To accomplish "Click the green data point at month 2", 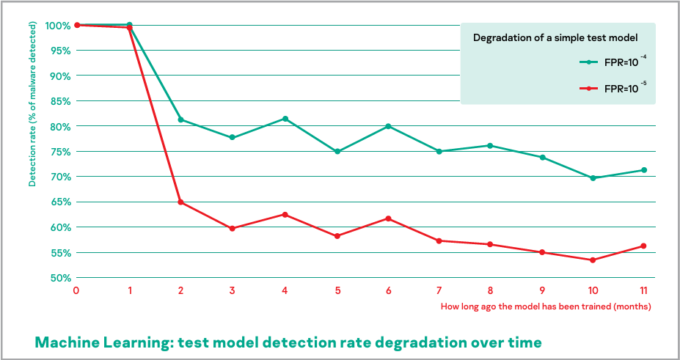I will [180, 120].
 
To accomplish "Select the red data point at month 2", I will [180, 202].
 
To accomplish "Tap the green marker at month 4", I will [285, 119].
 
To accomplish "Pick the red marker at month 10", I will [593, 260].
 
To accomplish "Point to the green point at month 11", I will [644, 170].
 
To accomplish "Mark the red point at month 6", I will [388, 218].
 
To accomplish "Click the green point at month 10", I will [593, 178].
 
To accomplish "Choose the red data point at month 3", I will [233, 228].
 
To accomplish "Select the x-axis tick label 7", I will [439, 291].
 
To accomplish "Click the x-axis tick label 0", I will [76, 291].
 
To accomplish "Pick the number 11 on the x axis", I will [644, 291].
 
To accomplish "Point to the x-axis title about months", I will [546, 306].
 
